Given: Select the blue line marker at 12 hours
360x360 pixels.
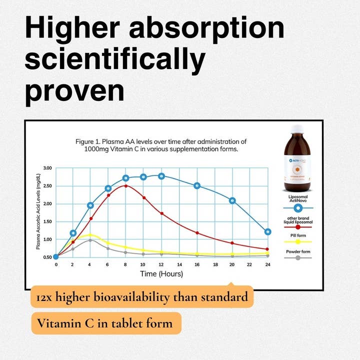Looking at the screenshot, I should tap(161, 176).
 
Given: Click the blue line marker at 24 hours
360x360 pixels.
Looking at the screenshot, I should tap(267, 232).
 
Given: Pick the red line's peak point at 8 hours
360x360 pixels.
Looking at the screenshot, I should tap(126, 186).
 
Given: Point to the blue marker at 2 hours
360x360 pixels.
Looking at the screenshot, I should tap(73, 233).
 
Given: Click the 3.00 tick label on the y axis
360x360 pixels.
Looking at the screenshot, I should tap(47, 168).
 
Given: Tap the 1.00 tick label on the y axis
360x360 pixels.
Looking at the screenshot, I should tap(47, 239).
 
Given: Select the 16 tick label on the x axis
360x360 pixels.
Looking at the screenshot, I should tap(197, 264).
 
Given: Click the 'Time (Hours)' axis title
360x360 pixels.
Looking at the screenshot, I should tap(161, 274).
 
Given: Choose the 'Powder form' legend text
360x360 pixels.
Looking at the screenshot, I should tap(297, 251).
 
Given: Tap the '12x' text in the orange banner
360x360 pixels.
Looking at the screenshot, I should tap(44, 297).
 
